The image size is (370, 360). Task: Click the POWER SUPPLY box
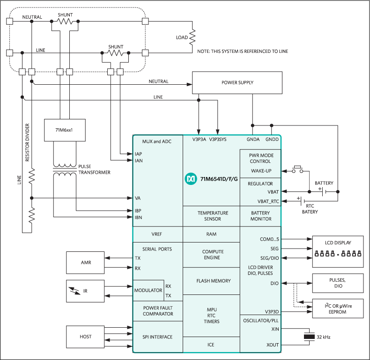pos(237,83)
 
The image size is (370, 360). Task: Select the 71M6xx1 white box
pos(65,130)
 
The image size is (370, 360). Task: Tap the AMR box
pos(86,263)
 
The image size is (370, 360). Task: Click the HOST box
pos(86,337)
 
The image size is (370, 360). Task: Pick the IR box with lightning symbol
pos(86,291)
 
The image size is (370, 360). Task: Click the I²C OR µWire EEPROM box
pos(338,309)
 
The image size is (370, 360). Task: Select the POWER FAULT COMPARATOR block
pos(158,311)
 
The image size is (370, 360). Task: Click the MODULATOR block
pos(148,291)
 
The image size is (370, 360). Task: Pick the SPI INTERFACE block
pos(158,337)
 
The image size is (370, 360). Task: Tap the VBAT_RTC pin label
pos(268,201)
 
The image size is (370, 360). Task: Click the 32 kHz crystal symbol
pos(308,337)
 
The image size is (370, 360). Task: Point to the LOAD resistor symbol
pos(192,37)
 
